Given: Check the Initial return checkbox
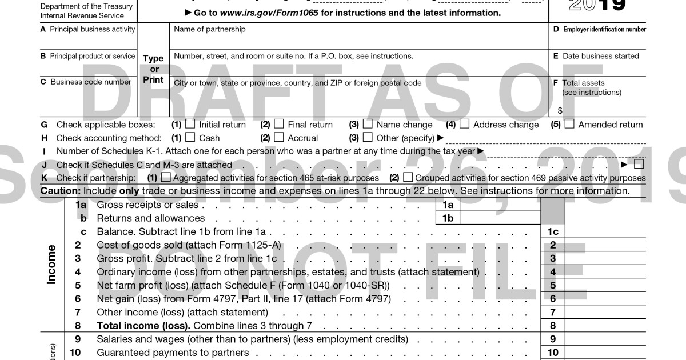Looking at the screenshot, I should coord(190,124).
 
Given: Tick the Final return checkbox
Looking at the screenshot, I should coord(279,124).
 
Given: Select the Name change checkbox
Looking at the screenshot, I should coord(368,124).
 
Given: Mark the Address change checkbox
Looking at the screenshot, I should coord(465,124).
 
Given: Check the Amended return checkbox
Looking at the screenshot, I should coord(569,124).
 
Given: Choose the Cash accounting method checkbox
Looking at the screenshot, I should coord(190,137).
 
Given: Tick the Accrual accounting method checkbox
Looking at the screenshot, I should coord(279,137).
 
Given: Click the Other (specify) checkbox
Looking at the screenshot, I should coord(368,137).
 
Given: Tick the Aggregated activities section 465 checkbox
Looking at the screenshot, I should coord(166,178).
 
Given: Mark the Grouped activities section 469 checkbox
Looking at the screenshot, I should coord(408,178).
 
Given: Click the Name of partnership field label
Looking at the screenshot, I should coord(209,30).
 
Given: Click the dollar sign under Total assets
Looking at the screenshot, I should coord(560,110).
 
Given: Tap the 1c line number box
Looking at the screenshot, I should coord(552,232).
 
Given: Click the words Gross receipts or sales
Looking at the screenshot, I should coord(147,205).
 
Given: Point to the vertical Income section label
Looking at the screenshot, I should coord(51,265).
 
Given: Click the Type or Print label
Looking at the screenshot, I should coord(153,69).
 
